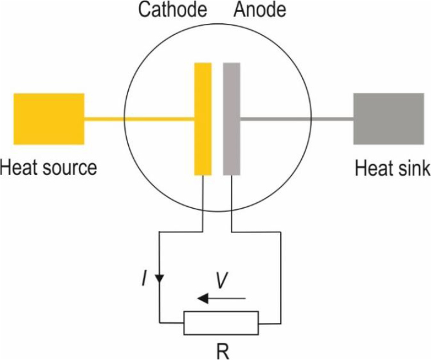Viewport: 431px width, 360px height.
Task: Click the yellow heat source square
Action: (49, 119)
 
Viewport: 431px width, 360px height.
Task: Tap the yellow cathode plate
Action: (203, 119)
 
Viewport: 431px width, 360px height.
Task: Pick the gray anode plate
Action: (232, 119)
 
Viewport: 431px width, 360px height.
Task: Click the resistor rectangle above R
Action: (221, 323)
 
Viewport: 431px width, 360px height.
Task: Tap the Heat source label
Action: (49, 168)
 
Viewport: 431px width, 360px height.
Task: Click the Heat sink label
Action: (392, 169)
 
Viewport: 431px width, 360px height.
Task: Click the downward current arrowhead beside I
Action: (160, 279)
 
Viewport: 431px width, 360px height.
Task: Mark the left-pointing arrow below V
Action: (221, 298)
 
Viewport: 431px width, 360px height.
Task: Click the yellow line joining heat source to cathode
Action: (139, 119)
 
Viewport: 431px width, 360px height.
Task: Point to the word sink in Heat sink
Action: (413, 169)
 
